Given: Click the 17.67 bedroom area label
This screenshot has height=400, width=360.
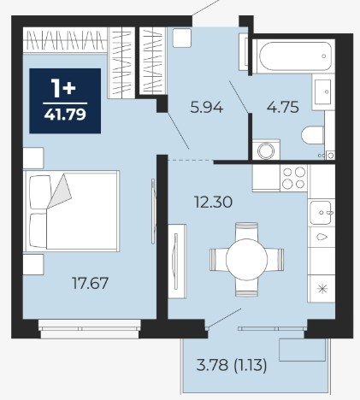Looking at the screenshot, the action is coord(90,283).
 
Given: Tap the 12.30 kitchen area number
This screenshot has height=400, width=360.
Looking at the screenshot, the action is coord(213,203).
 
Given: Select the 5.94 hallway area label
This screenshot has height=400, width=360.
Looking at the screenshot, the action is coord(206,108).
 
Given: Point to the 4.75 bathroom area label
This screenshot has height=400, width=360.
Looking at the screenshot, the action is coord(283,107).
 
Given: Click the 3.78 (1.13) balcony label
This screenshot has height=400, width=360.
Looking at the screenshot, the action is coord(232,365).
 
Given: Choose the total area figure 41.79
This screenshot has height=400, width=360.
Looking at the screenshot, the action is coord(65,115).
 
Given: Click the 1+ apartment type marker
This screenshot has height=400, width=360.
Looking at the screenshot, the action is coord(63,87).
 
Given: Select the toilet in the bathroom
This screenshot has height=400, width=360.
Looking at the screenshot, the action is coord(313,135).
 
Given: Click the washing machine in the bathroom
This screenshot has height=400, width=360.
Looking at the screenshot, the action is coord(266,150).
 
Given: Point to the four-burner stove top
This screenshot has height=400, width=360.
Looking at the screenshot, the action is coord(294,178).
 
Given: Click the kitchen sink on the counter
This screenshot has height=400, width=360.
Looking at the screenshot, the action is coord(322,213).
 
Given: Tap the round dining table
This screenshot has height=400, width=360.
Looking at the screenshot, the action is coord(246,259).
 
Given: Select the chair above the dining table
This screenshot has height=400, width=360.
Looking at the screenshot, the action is coord(247,232).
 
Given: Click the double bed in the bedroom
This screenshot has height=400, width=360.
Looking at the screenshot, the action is coord(71,211).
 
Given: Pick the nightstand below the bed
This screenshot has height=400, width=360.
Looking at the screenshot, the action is coord(33,265).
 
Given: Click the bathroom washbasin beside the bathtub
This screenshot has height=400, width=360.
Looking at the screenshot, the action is coord(323,91).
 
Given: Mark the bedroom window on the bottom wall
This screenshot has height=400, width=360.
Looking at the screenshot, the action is coord(90,329).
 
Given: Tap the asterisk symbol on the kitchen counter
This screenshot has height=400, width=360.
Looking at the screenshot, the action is coord(322,289).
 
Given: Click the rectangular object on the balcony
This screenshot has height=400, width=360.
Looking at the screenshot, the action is coord(303,350).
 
